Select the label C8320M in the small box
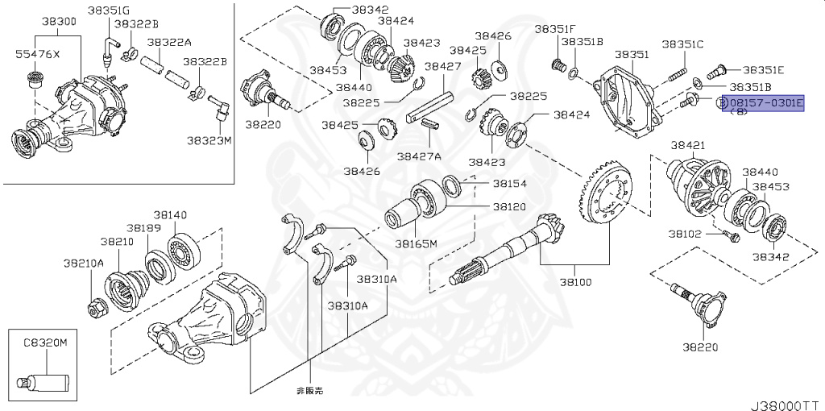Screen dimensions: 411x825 [x=44, y=342]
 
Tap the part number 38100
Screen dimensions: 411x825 [x=575, y=283]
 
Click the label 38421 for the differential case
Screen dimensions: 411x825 [x=688, y=145]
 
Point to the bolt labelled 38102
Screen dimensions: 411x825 [x=731, y=236]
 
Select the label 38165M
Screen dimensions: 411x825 [x=416, y=243]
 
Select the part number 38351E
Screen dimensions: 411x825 [x=763, y=70]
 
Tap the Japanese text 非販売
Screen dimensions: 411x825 [x=310, y=389]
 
